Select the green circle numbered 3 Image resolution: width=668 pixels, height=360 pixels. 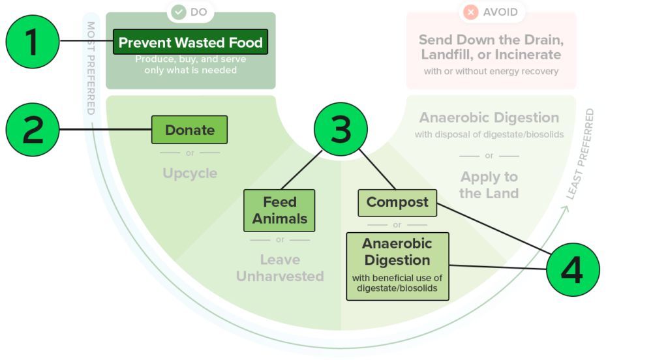tap(341, 129)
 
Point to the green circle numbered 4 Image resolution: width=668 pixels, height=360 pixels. tap(572, 270)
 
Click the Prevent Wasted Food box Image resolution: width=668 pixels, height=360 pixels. tap(190, 43)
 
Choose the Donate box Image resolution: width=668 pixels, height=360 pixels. tap(190, 130)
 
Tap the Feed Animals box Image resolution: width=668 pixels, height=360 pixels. tap(279, 210)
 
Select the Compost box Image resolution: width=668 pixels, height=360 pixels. tap(397, 202)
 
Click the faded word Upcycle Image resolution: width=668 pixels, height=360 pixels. tap(190, 173)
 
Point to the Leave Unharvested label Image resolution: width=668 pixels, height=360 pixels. tap(280, 268)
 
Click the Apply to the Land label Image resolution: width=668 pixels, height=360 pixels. tap(489, 185)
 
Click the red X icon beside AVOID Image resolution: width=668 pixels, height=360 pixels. tap(470, 12)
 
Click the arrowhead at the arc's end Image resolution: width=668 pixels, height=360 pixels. tap(564, 210)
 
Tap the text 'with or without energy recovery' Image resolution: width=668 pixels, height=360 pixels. tap(491, 70)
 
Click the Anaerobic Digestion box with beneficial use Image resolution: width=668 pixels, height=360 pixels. tap(397, 266)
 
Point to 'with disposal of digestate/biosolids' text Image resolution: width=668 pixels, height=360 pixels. tap(489, 135)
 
